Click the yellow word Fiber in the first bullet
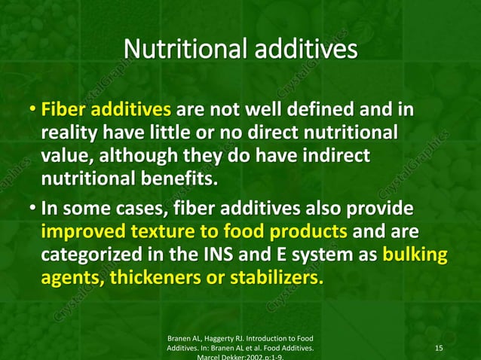click(62, 112)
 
